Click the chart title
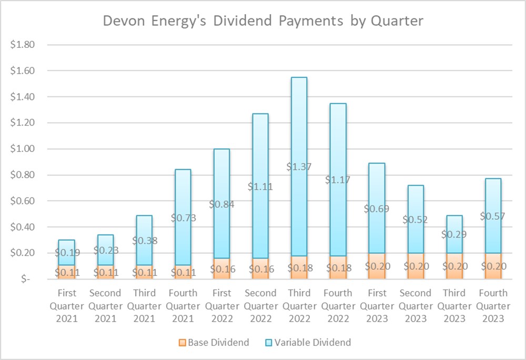click(x=263, y=21)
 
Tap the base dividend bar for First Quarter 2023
click(x=377, y=266)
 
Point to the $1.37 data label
click(x=299, y=167)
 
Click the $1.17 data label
click(x=338, y=179)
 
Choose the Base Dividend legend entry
click(x=214, y=342)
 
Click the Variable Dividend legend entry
click(x=306, y=342)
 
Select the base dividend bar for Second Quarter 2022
click(x=260, y=269)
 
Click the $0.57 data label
click(x=493, y=216)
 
